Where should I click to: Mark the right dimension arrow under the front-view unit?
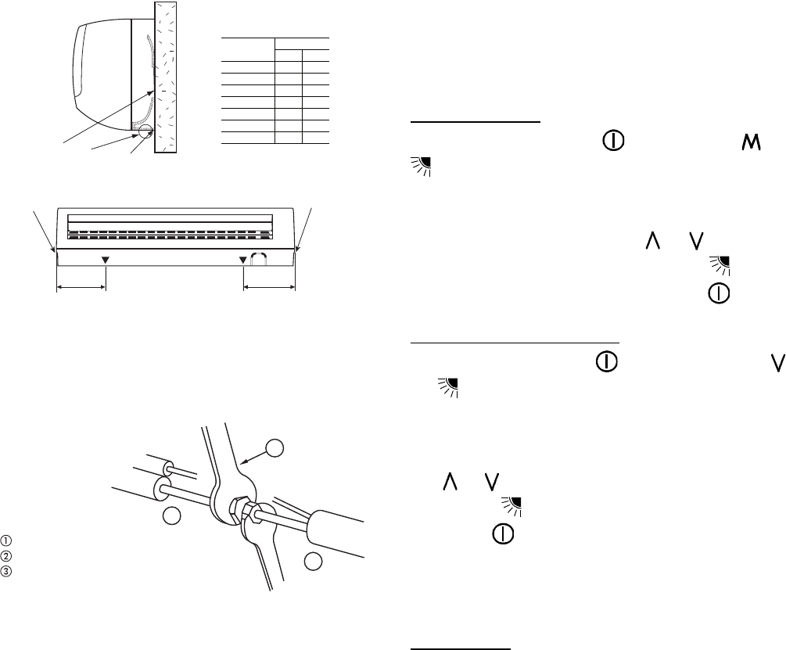269,288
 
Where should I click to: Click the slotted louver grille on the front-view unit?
170,234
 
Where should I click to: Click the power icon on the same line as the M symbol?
612,141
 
